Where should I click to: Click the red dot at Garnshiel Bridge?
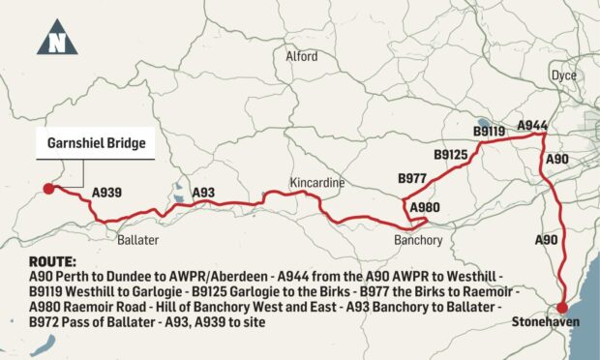tap(45, 191)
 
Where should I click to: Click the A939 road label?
tap(107, 194)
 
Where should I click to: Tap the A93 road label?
tap(203, 194)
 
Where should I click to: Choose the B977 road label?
tap(413, 178)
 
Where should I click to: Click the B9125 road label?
tap(451, 154)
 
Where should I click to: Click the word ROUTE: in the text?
tap(51, 262)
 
